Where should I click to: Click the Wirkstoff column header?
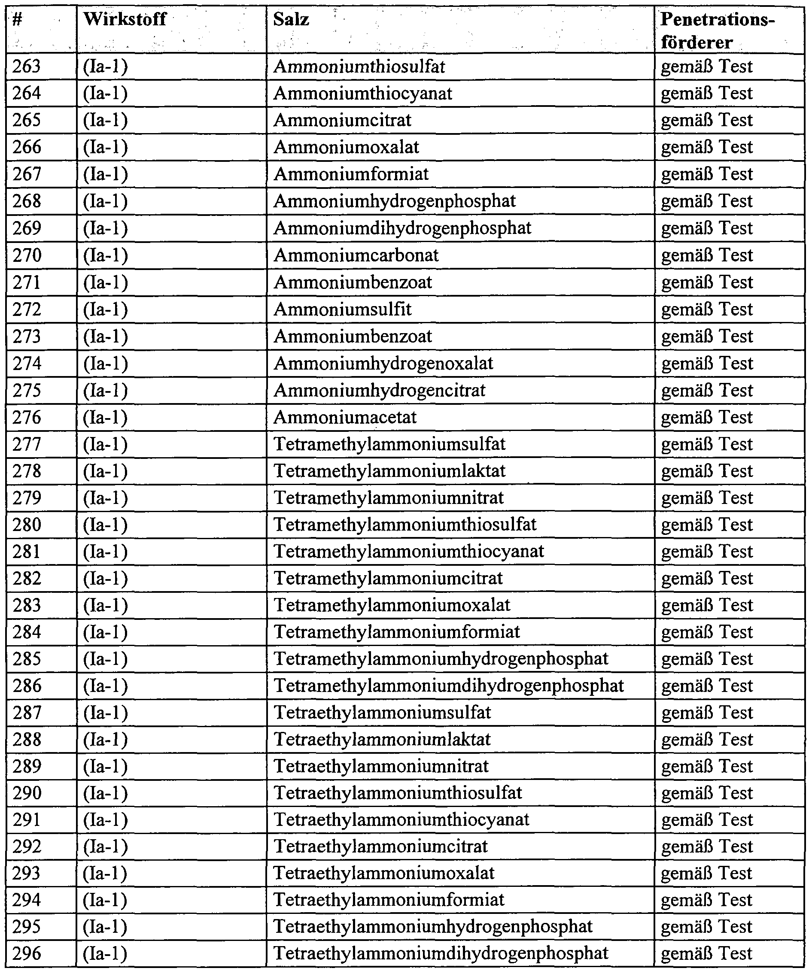125,19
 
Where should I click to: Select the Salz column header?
291,19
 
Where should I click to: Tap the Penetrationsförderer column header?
717,30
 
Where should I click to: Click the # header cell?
18,19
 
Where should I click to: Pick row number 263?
27,67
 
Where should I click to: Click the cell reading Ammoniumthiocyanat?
362,94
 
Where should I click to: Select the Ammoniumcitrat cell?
342,121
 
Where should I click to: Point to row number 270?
27,255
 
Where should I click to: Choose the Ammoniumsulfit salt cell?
342,309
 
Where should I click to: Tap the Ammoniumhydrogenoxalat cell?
383,364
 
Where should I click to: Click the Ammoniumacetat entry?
345,417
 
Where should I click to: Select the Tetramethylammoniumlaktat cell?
389,471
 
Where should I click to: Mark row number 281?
27,552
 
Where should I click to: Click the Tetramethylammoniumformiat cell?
397,632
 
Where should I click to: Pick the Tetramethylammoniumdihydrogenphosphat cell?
449,686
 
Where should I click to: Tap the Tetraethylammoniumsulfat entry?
382,713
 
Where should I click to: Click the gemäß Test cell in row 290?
707,793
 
